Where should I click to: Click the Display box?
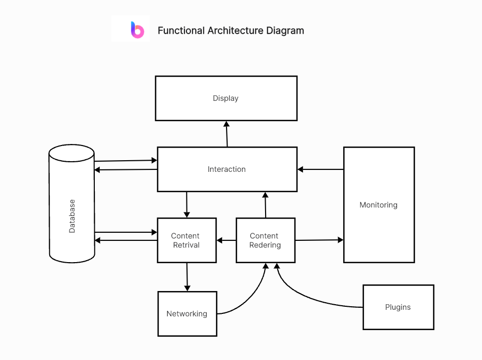point(226,98)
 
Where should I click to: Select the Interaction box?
point(227,169)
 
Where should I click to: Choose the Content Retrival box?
point(187,240)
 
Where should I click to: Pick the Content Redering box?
point(265,240)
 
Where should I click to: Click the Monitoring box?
point(379,205)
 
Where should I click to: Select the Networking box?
point(187,313)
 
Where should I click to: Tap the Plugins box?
point(398,307)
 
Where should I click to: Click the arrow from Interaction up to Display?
point(227,134)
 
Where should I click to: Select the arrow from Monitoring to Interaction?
point(320,169)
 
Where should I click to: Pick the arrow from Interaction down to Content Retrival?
point(187,204)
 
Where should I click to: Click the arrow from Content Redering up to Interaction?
point(265,205)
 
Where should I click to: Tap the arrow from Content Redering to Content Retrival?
point(227,240)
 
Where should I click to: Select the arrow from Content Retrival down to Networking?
point(187,277)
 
